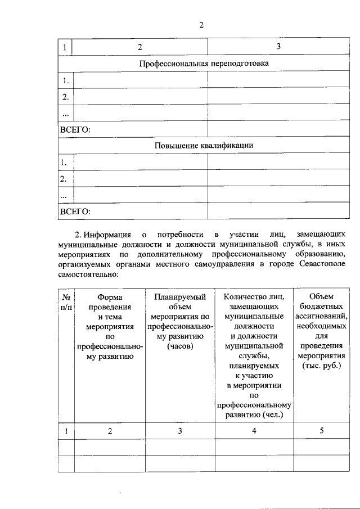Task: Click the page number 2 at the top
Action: click(x=201, y=25)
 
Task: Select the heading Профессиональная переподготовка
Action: click(x=204, y=63)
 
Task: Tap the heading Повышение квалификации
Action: click(x=204, y=145)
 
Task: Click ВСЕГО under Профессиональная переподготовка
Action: click(x=75, y=129)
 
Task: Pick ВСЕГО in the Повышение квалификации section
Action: click(x=75, y=211)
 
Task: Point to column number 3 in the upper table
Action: click(x=278, y=46)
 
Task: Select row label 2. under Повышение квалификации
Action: click(x=64, y=179)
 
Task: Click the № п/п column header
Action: click(x=66, y=301)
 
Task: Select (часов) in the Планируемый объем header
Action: click(x=180, y=346)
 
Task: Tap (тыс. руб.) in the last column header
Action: click(x=322, y=367)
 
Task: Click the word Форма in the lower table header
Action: click(x=110, y=296)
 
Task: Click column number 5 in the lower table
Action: click(x=322, y=431)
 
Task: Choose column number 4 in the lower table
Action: click(x=254, y=431)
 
